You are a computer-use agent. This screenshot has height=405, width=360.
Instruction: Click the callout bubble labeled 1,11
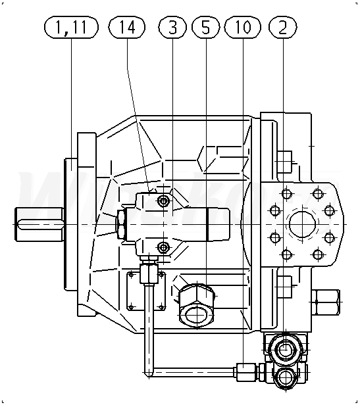click(71, 27)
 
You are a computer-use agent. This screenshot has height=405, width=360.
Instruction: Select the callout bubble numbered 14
click(127, 27)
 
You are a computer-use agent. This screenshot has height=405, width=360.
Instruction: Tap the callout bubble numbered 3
click(172, 27)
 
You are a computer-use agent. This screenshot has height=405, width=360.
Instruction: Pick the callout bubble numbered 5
click(205, 27)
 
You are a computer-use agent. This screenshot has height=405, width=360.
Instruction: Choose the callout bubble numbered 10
click(243, 27)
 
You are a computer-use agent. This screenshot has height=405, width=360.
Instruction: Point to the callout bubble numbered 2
click(283, 27)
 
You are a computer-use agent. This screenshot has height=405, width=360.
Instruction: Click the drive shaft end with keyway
click(39, 224)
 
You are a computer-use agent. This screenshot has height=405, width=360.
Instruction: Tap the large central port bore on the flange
click(302, 224)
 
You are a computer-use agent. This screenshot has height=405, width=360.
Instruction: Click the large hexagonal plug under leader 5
click(197, 306)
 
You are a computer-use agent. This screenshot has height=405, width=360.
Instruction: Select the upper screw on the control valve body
click(163, 200)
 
